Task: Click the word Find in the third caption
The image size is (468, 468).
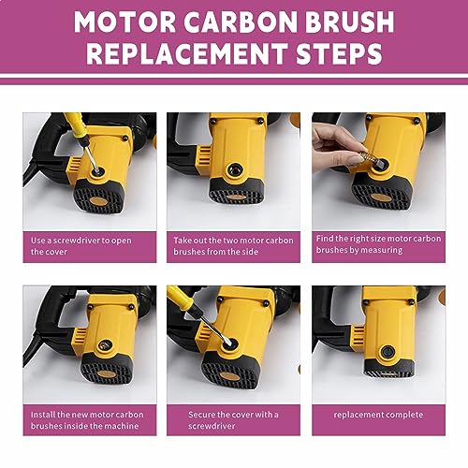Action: [329, 240]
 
